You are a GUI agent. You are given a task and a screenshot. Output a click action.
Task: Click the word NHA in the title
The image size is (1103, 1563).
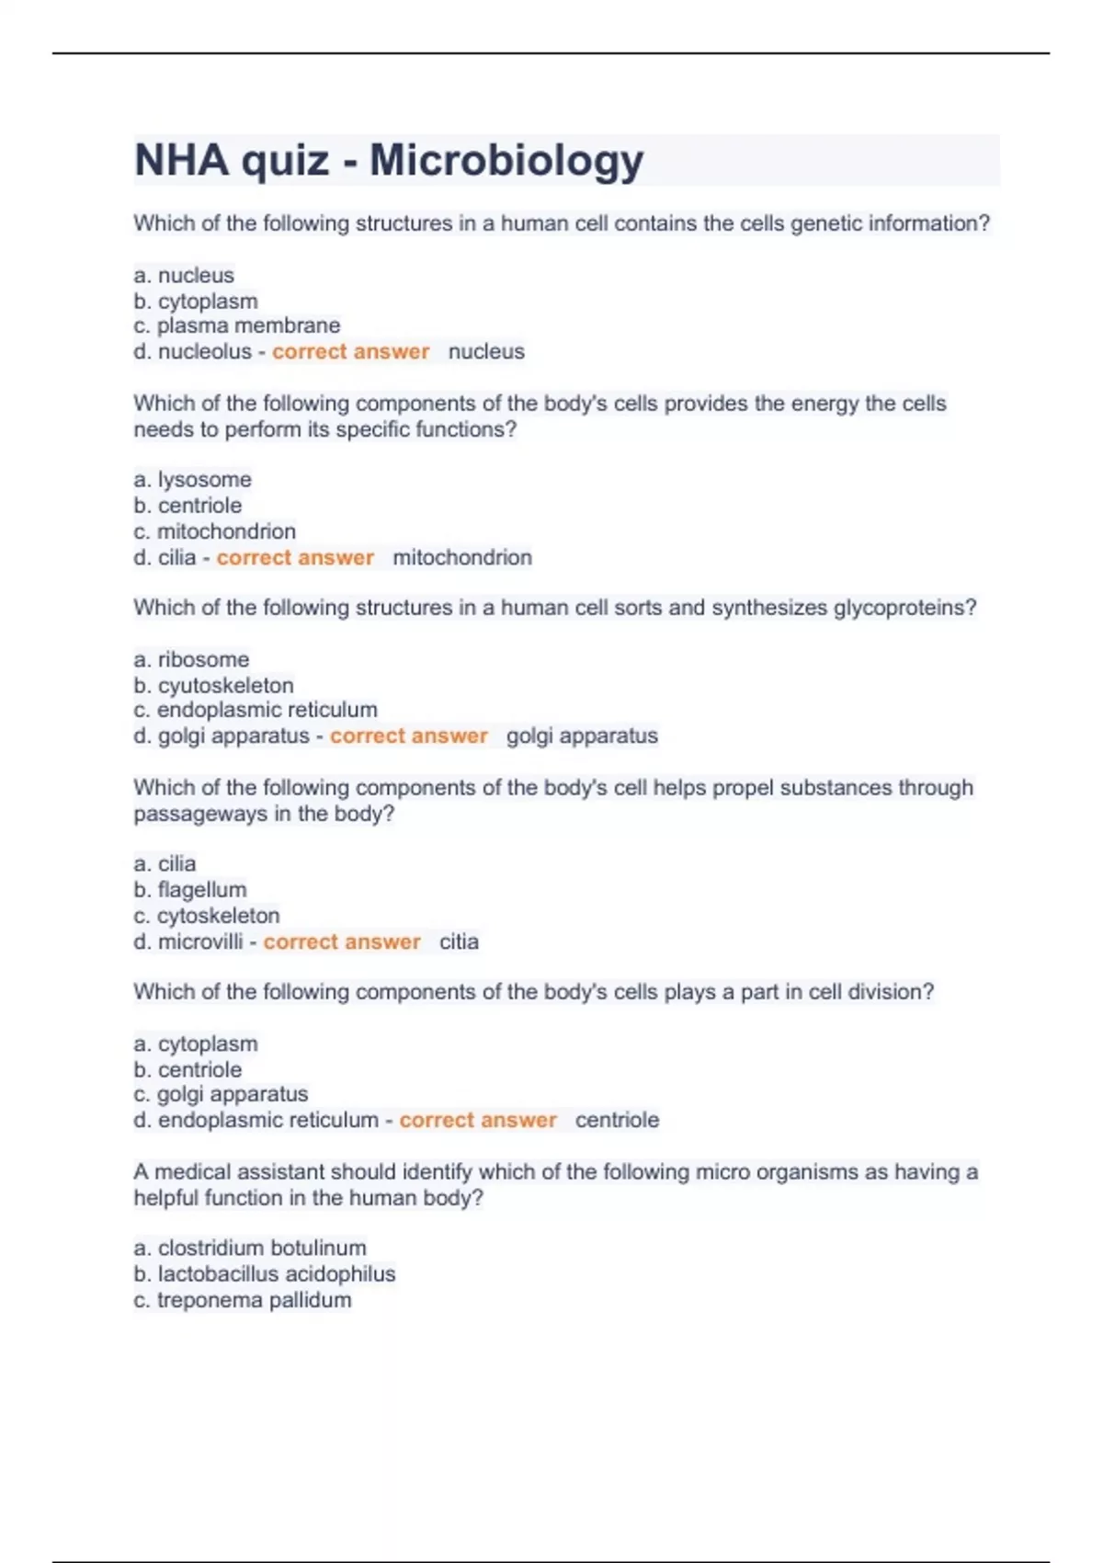[x=181, y=161]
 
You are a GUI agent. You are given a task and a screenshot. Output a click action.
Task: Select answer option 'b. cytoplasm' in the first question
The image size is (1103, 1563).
[x=196, y=301]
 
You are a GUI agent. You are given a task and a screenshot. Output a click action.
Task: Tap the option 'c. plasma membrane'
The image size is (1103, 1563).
[x=237, y=325]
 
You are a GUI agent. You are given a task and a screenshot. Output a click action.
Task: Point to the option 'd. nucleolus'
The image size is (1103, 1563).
[x=192, y=351]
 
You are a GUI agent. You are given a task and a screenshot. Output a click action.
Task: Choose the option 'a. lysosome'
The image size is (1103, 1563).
[x=192, y=479]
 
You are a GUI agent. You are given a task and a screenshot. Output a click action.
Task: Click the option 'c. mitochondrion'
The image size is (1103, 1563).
[x=215, y=531]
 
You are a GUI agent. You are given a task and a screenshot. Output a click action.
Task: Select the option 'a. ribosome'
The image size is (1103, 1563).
[x=191, y=659]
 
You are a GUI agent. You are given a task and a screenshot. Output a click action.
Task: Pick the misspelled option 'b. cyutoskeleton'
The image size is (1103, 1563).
[x=213, y=685]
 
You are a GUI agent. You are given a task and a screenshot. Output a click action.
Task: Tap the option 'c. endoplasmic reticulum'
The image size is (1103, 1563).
[x=256, y=710]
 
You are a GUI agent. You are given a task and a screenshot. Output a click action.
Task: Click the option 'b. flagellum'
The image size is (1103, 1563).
[x=190, y=889]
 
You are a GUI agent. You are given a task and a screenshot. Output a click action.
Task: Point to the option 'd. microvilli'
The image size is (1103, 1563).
[x=188, y=941]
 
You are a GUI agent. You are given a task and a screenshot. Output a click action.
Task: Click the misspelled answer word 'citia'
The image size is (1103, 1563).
[x=459, y=941]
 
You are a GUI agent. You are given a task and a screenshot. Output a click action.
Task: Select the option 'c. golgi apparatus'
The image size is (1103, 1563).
[x=221, y=1094]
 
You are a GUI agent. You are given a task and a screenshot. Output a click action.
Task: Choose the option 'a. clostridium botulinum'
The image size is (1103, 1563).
[x=250, y=1248]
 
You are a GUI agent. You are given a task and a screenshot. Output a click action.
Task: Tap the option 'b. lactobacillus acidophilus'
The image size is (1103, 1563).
[x=265, y=1273]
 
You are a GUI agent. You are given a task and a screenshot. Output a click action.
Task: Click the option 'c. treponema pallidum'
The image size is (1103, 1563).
[x=243, y=1300]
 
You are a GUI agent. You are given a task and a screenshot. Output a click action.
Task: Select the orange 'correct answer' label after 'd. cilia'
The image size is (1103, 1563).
[x=295, y=557]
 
